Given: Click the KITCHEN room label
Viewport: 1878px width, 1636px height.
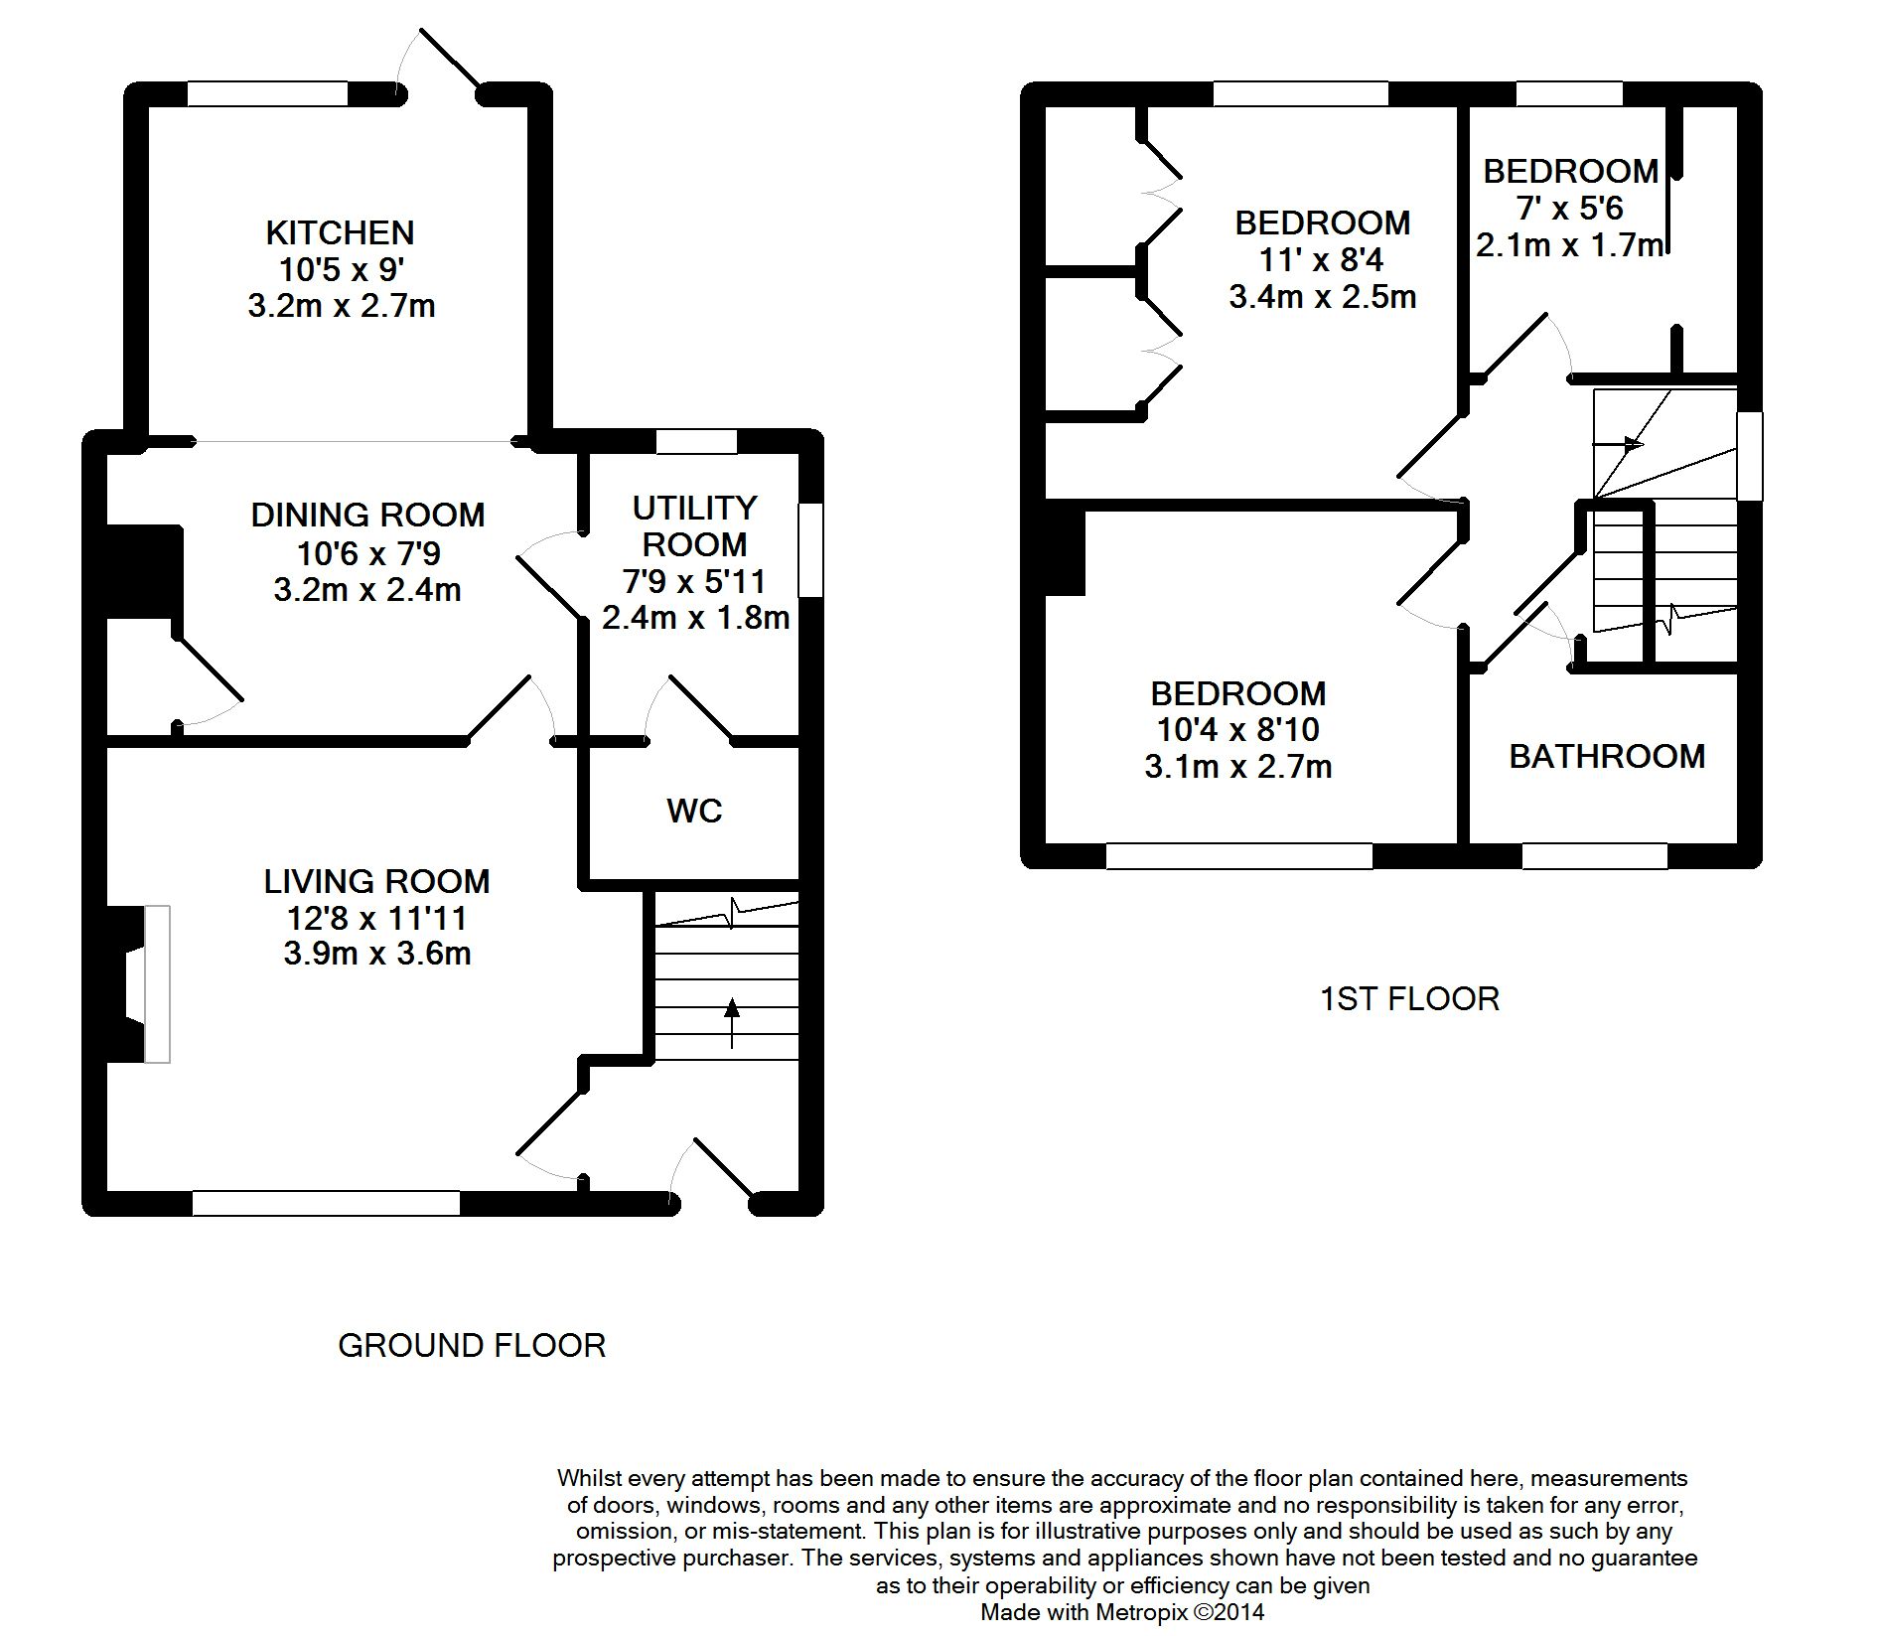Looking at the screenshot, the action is (x=340, y=232).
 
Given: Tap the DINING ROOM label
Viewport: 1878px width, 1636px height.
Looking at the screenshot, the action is (x=367, y=515).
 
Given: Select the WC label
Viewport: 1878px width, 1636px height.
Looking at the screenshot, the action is (x=694, y=812).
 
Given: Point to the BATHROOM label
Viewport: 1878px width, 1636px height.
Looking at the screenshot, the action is (x=1607, y=757).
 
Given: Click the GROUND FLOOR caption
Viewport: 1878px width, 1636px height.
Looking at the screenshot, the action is (x=472, y=1346).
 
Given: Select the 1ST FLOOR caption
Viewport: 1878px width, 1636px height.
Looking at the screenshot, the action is (x=1409, y=999).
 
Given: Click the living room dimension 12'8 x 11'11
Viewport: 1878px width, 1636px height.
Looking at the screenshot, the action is (x=375, y=918).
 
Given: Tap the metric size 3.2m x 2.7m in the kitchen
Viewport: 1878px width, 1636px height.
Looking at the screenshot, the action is (x=342, y=306).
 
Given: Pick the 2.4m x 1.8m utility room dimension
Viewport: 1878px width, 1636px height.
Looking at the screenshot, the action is (x=695, y=618).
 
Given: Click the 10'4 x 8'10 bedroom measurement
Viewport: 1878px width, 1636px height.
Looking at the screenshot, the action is (x=1237, y=730).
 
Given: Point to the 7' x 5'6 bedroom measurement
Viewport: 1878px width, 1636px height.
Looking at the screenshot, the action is (x=1569, y=209).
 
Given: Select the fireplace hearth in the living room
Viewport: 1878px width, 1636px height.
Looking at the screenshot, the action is (x=157, y=983).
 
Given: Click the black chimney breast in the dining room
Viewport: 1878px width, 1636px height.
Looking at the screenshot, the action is (x=143, y=572).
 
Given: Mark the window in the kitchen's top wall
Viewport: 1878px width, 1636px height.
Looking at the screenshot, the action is (x=268, y=93).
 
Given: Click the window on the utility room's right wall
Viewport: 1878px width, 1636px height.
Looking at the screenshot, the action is (x=811, y=550).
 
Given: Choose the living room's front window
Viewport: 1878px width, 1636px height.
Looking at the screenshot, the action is (x=326, y=1204).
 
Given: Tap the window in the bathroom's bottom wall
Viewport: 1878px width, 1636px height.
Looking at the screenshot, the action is (x=1595, y=856).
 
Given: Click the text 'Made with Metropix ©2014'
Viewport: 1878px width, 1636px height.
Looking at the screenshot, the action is (x=1122, y=1612).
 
